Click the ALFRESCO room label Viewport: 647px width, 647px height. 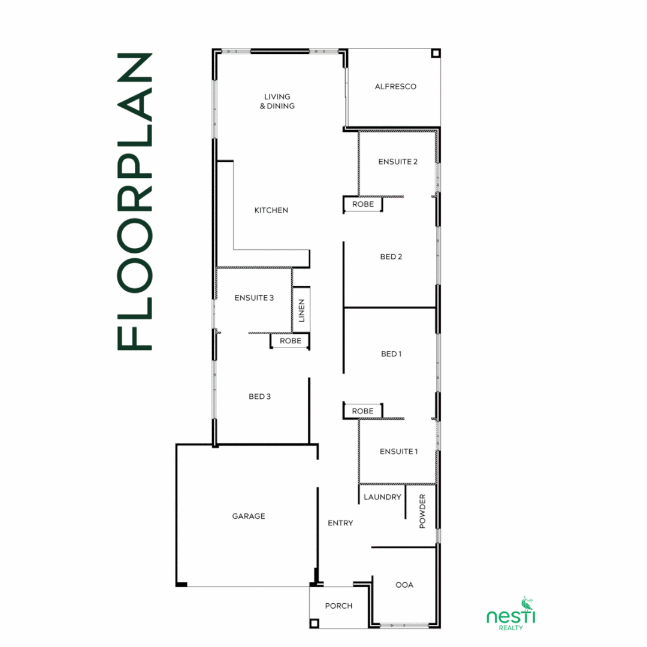(x=395, y=86)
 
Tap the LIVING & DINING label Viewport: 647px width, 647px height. (x=277, y=101)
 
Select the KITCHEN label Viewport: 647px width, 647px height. (x=271, y=210)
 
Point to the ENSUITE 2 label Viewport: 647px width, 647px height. (x=398, y=162)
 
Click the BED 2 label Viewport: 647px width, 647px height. (x=391, y=257)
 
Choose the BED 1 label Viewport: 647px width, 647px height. (x=391, y=354)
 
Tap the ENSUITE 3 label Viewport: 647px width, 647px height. (x=254, y=298)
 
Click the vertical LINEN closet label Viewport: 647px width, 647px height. (x=302, y=311)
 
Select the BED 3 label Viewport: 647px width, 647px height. (x=260, y=397)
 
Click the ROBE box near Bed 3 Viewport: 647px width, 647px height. (x=291, y=341)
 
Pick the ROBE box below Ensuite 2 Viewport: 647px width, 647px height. (x=363, y=204)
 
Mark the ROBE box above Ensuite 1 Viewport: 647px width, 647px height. (x=363, y=411)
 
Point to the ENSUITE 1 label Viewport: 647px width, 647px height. (x=398, y=451)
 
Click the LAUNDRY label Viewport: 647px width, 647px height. (x=382, y=497)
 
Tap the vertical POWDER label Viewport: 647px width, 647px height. (x=422, y=511)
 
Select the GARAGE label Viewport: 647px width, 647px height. (x=249, y=516)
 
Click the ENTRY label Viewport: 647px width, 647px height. (x=340, y=523)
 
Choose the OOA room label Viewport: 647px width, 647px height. (x=404, y=585)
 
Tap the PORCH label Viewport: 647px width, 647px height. (x=338, y=606)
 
